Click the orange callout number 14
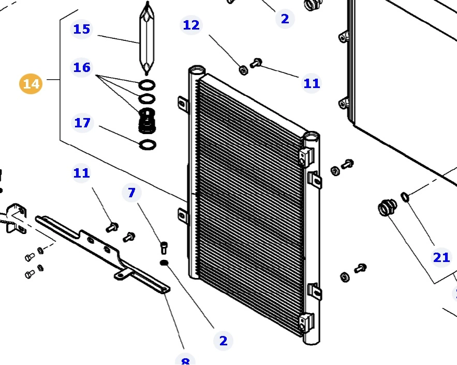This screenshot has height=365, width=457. pos(31,84)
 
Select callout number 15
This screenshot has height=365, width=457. pos(81,29)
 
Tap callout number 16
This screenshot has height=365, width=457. pos(81,67)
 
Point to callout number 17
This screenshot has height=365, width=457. pos(82,123)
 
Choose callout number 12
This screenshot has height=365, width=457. pos(191,25)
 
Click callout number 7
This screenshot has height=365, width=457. pos(131,193)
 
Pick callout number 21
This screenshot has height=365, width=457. pos(441,257)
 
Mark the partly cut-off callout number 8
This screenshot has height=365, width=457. pos(185,360)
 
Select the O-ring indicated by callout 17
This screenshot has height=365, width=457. pos(148,144)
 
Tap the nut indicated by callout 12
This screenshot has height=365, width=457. pos(243,70)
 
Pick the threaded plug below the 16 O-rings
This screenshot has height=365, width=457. pos(148,122)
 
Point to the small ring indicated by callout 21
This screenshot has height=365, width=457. pos(405,197)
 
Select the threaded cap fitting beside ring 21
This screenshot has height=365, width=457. pos(386,209)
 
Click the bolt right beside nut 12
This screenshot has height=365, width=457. pos(256,63)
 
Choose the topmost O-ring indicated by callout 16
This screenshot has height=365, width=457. pos(148,85)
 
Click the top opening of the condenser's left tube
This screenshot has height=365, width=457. pos(197,69)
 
